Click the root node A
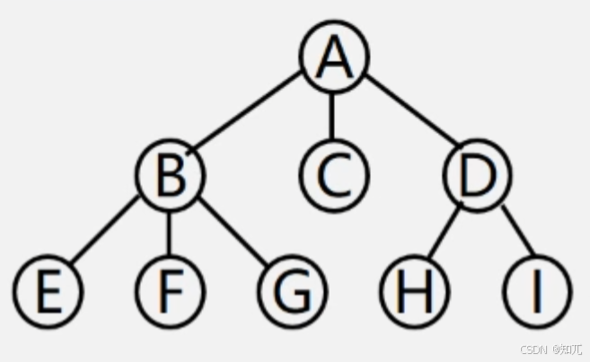click(333, 59)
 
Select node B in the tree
click(170, 175)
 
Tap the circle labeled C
click(332, 175)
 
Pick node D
click(476, 175)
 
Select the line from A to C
click(332, 117)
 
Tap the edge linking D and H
click(445, 234)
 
